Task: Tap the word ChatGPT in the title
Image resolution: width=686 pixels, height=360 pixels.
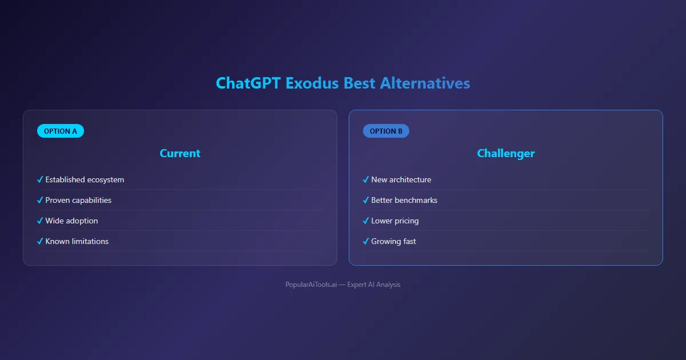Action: click(x=248, y=83)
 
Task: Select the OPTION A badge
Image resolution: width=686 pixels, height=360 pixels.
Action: click(x=61, y=131)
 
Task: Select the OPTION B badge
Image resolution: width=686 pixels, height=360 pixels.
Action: click(x=386, y=131)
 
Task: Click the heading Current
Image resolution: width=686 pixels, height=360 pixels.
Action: click(x=180, y=153)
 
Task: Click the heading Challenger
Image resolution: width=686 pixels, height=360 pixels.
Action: click(x=506, y=153)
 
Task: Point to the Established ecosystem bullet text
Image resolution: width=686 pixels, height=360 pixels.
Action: click(x=85, y=179)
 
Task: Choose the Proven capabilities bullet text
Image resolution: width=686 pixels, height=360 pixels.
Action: click(x=78, y=200)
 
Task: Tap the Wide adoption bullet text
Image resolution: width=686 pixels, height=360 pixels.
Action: click(x=71, y=221)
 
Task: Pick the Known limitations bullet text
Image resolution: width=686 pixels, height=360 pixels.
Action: click(x=77, y=241)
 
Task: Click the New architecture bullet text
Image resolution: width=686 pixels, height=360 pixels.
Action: click(x=401, y=179)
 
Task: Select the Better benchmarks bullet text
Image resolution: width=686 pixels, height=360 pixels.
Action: click(x=404, y=200)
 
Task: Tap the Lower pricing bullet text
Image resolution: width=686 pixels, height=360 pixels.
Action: click(x=395, y=221)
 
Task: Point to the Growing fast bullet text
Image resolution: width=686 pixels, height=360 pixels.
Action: click(x=393, y=241)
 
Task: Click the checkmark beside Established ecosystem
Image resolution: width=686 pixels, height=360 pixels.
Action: click(x=40, y=179)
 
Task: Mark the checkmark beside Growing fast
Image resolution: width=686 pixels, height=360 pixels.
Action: click(x=366, y=241)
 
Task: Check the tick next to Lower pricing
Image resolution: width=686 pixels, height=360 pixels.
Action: click(x=366, y=221)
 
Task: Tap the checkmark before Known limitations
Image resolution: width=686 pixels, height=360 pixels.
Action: click(x=40, y=241)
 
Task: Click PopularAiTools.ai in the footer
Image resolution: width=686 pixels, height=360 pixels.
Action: click(x=311, y=285)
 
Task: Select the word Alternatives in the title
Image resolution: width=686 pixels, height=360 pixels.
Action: click(x=425, y=83)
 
